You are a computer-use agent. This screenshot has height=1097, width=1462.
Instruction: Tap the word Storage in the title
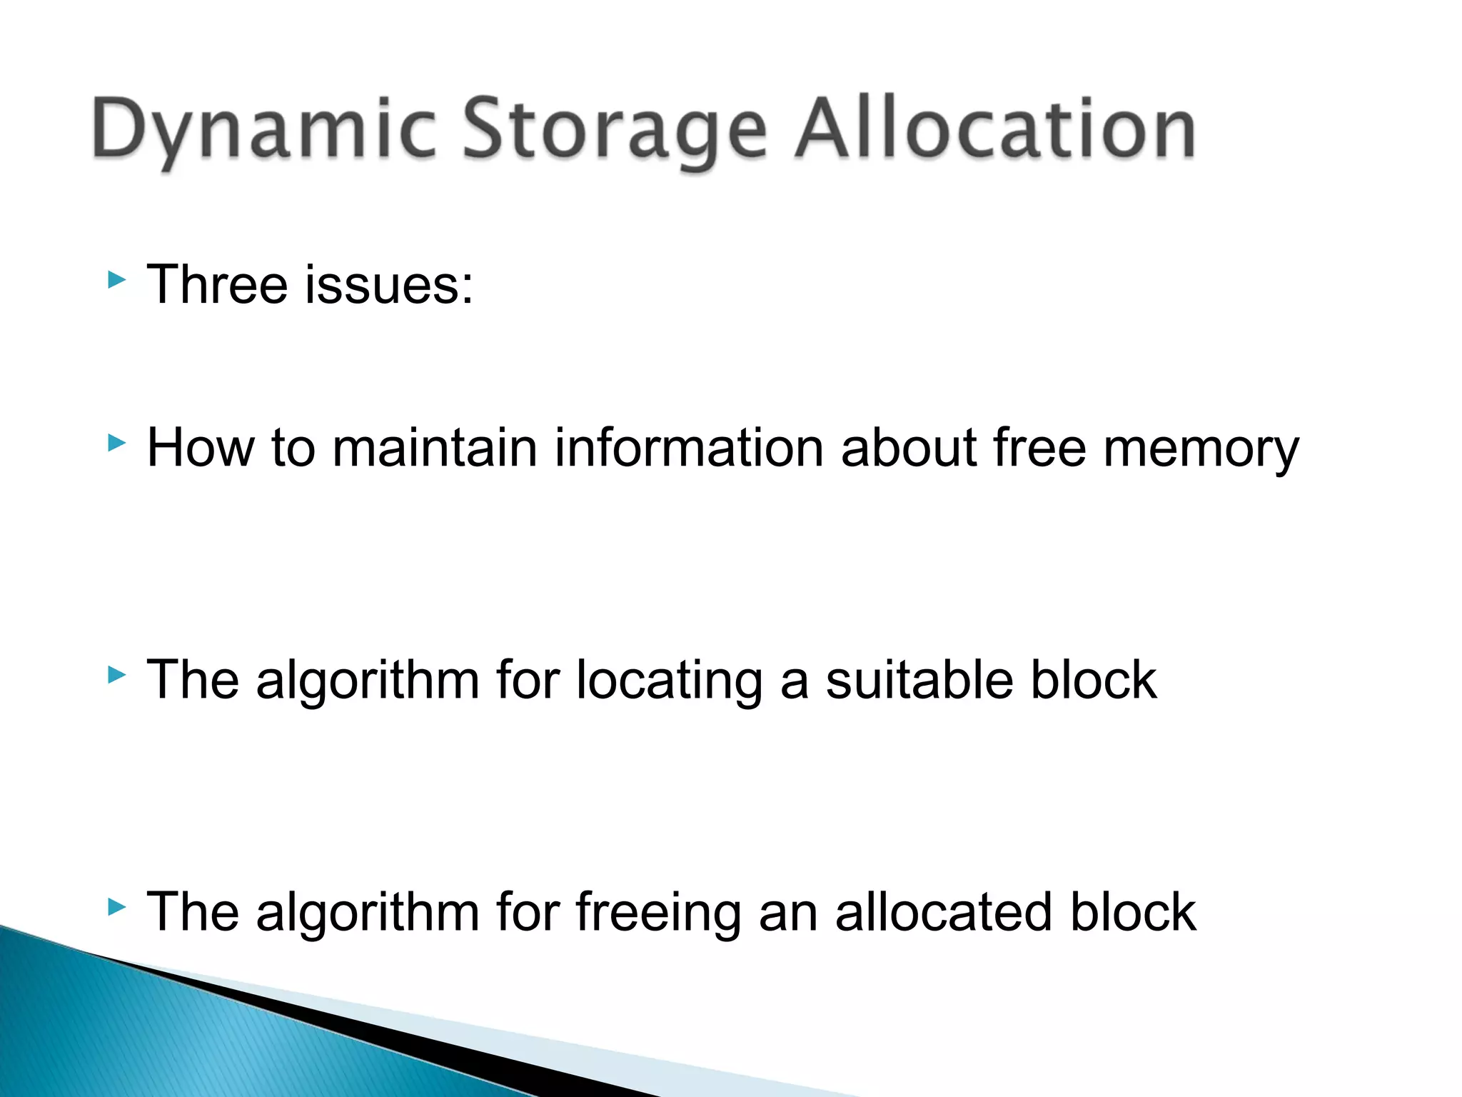tap(615, 130)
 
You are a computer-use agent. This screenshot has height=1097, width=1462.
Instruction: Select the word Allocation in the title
tap(995, 129)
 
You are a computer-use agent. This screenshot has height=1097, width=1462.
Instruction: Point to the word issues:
tap(388, 284)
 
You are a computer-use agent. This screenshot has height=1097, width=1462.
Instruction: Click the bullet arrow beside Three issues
tap(116, 280)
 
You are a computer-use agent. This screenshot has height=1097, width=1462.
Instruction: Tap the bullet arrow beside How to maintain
tap(116, 444)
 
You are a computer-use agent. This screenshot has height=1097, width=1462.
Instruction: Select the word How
tap(200, 448)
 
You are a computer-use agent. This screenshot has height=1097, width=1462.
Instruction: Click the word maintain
tap(434, 448)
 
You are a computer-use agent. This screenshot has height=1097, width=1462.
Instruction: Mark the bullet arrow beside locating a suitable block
tap(116, 675)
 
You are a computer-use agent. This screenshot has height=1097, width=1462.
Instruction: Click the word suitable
tap(919, 679)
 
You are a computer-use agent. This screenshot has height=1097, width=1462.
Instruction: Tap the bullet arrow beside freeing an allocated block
tap(116, 908)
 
